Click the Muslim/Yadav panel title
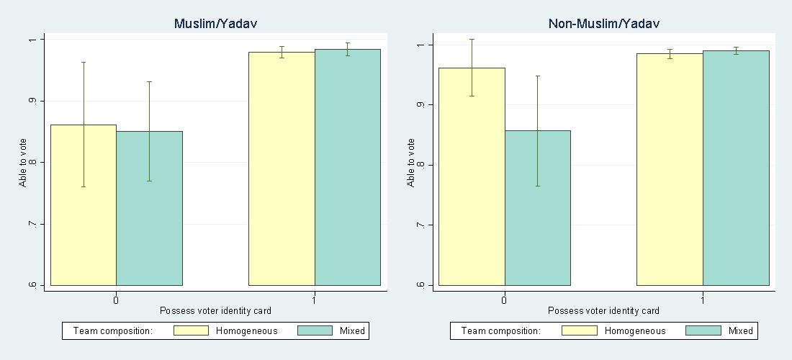click(x=215, y=24)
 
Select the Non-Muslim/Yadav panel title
click(x=603, y=24)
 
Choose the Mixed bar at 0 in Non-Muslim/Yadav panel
click(x=537, y=209)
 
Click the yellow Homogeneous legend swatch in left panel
click(x=191, y=331)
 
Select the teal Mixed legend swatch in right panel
click(x=703, y=331)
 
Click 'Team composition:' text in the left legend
click(x=112, y=331)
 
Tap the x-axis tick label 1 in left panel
click(x=315, y=299)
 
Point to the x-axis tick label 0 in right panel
click(x=504, y=299)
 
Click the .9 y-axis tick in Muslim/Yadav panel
click(x=33, y=101)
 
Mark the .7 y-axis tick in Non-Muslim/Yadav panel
click(x=421, y=225)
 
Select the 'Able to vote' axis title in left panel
click(x=22, y=162)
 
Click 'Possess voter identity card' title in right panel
click(x=603, y=311)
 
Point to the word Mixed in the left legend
click(x=352, y=331)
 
